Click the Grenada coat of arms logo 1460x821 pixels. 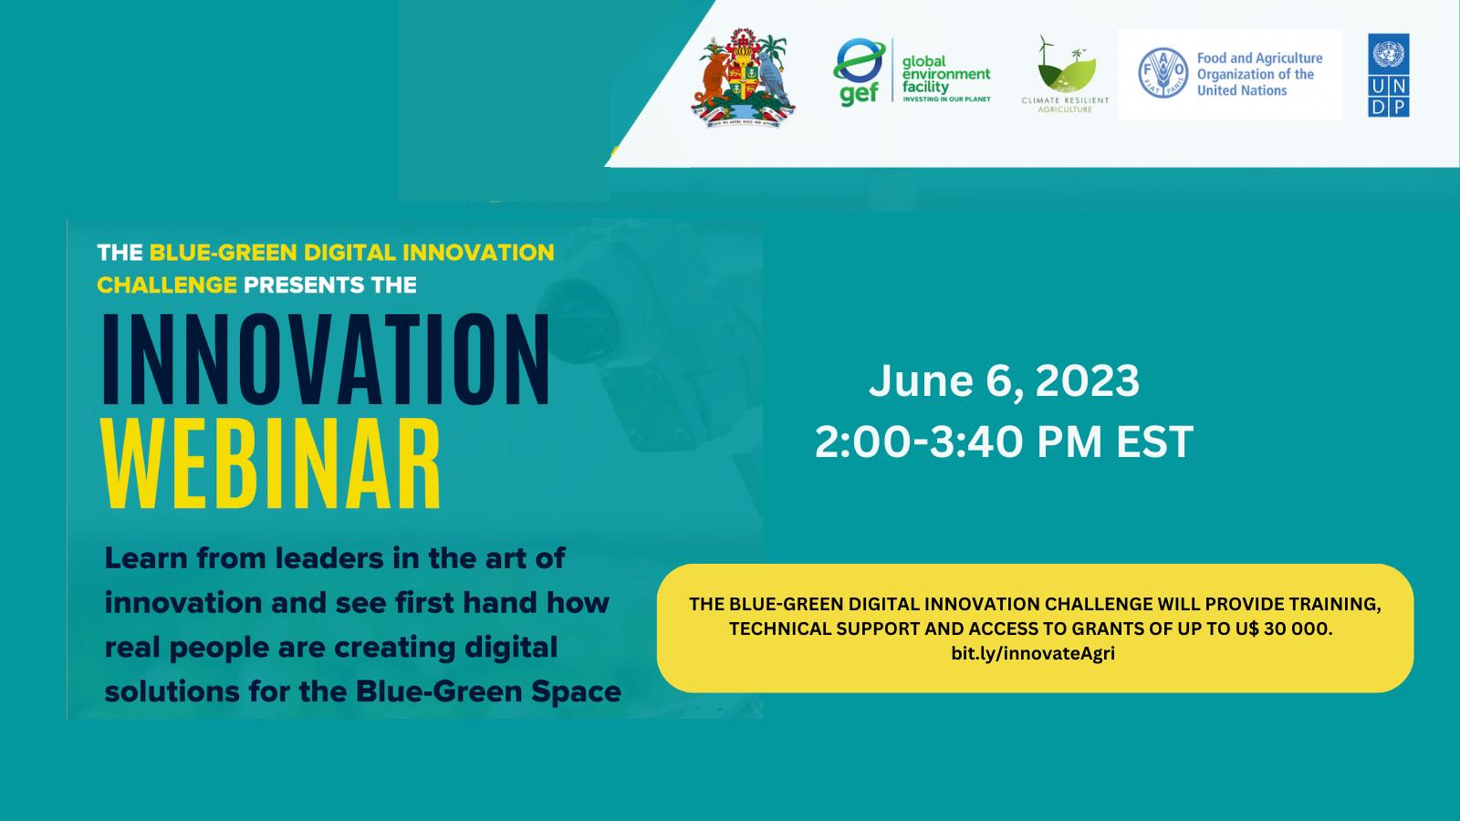pyautogui.click(x=743, y=78)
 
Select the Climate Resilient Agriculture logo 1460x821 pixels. pyautogui.click(x=1065, y=74)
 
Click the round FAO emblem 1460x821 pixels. pyautogui.click(x=1163, y=73)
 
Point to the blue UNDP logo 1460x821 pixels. pyautogui.click(x=1388, y=75)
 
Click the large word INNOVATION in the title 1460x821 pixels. pyautogui.click(x=326, y=359)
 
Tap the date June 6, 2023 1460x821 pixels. pyautogui.click(x=1004, y=380)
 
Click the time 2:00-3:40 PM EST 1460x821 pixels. pyautogui.click(x=1004, y=442)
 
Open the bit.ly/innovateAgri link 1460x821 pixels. pyautogui.click(x=1033, y=653)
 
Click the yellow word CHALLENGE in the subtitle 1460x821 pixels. pyautogui.click(x=167, y=285)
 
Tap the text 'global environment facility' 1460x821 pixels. pyautogui.click(x=946, y=74)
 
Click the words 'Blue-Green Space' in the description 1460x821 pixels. pyautogui.click(x=488, y=692)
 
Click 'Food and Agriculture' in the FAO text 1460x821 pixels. pyautogui.click(x=1260, y=58)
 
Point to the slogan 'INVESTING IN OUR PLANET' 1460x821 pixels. pyautogui.click(x=946, y=99)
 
